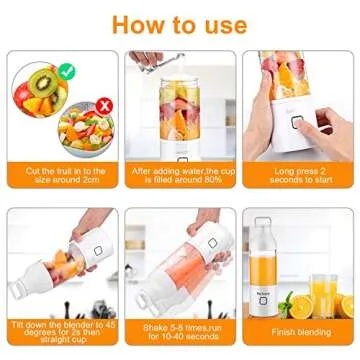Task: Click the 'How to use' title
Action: [x=180, y=23]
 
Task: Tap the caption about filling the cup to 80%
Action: [x=180, y=176]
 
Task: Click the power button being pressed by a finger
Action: [x=298, y=122]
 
